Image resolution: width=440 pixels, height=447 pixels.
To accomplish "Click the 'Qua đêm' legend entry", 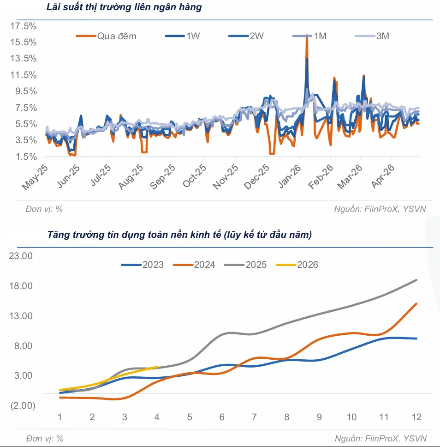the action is [x=106, y=36].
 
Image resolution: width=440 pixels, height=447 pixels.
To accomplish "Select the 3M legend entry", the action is [x=373, y=36].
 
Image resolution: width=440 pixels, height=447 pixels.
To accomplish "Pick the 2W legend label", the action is [x=246, y=36].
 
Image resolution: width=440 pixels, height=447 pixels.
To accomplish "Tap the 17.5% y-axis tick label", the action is [x=24, y=26].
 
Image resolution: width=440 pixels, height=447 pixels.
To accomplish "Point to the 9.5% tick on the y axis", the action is [x=26, y=91].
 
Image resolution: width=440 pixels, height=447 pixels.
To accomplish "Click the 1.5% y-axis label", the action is [x=26, y=157].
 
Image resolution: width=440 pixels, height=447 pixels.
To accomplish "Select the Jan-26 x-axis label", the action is [x=290, y=176].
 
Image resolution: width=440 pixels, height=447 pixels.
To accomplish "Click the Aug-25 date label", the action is [x=131, y=176].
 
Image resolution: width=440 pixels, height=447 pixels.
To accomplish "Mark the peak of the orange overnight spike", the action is [x=307, y=36].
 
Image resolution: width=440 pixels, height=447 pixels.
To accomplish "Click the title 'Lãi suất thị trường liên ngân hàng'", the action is [x=124, y=7].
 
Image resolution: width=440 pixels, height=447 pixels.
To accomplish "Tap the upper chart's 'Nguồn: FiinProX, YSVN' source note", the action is [x=380, y=209].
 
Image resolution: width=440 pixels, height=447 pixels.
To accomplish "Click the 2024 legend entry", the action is [x=194, y=265].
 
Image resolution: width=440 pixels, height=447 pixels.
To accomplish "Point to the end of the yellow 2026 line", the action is [x=157, y=367].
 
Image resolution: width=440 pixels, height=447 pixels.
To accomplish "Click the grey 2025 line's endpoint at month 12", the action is [x=416, y=280].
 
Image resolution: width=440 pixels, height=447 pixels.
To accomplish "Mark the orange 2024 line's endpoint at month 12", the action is [x=416, y=304].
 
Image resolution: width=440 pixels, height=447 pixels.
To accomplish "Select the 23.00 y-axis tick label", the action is [x=21, y=256].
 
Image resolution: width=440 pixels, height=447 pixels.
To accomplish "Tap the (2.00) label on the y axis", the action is [x=23, y=405].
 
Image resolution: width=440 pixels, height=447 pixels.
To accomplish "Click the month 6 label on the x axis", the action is [x=222, y=417].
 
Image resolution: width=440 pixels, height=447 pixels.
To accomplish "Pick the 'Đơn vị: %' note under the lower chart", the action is [x=45, y=438].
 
